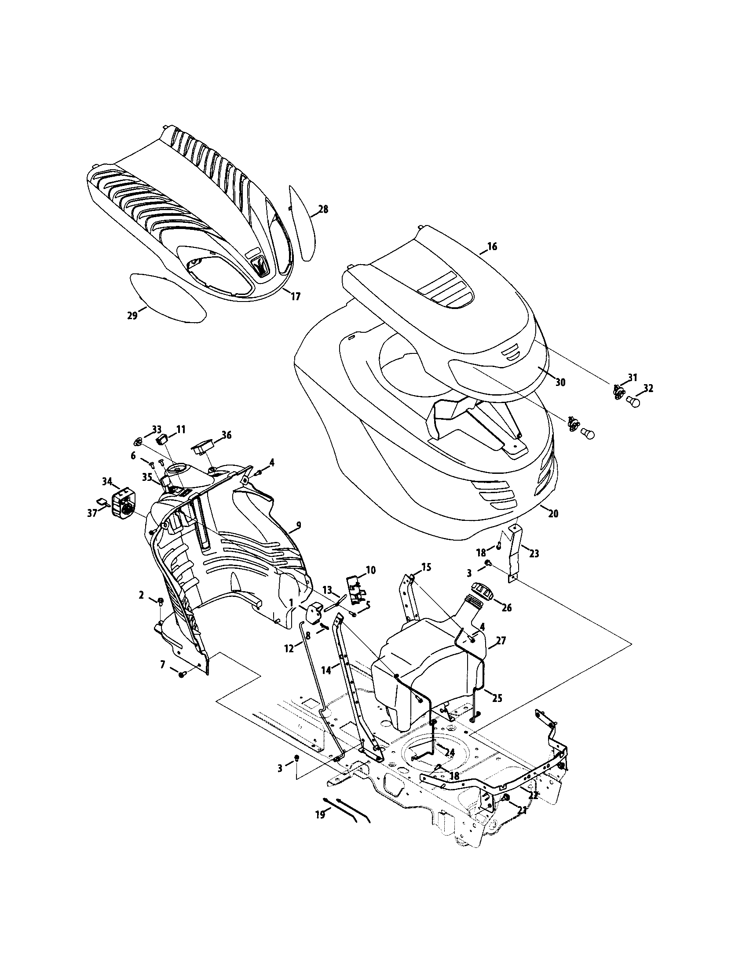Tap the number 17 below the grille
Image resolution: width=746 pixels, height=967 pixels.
(296, 297)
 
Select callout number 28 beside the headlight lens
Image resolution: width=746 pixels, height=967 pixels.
(323, 209)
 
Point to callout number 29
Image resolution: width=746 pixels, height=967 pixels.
(132, 316)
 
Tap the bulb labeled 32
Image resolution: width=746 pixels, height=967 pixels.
(634, 402)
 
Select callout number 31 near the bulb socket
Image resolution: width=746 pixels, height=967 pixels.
(632, 378)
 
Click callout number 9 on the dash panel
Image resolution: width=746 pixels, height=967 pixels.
(298, 525)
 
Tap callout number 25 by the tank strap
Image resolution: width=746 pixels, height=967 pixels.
(497, 698)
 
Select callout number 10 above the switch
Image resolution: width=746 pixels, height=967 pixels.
(370, 569)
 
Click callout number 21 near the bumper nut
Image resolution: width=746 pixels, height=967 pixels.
(522, 810)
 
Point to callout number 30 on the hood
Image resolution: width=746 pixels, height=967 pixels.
(560, 382)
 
